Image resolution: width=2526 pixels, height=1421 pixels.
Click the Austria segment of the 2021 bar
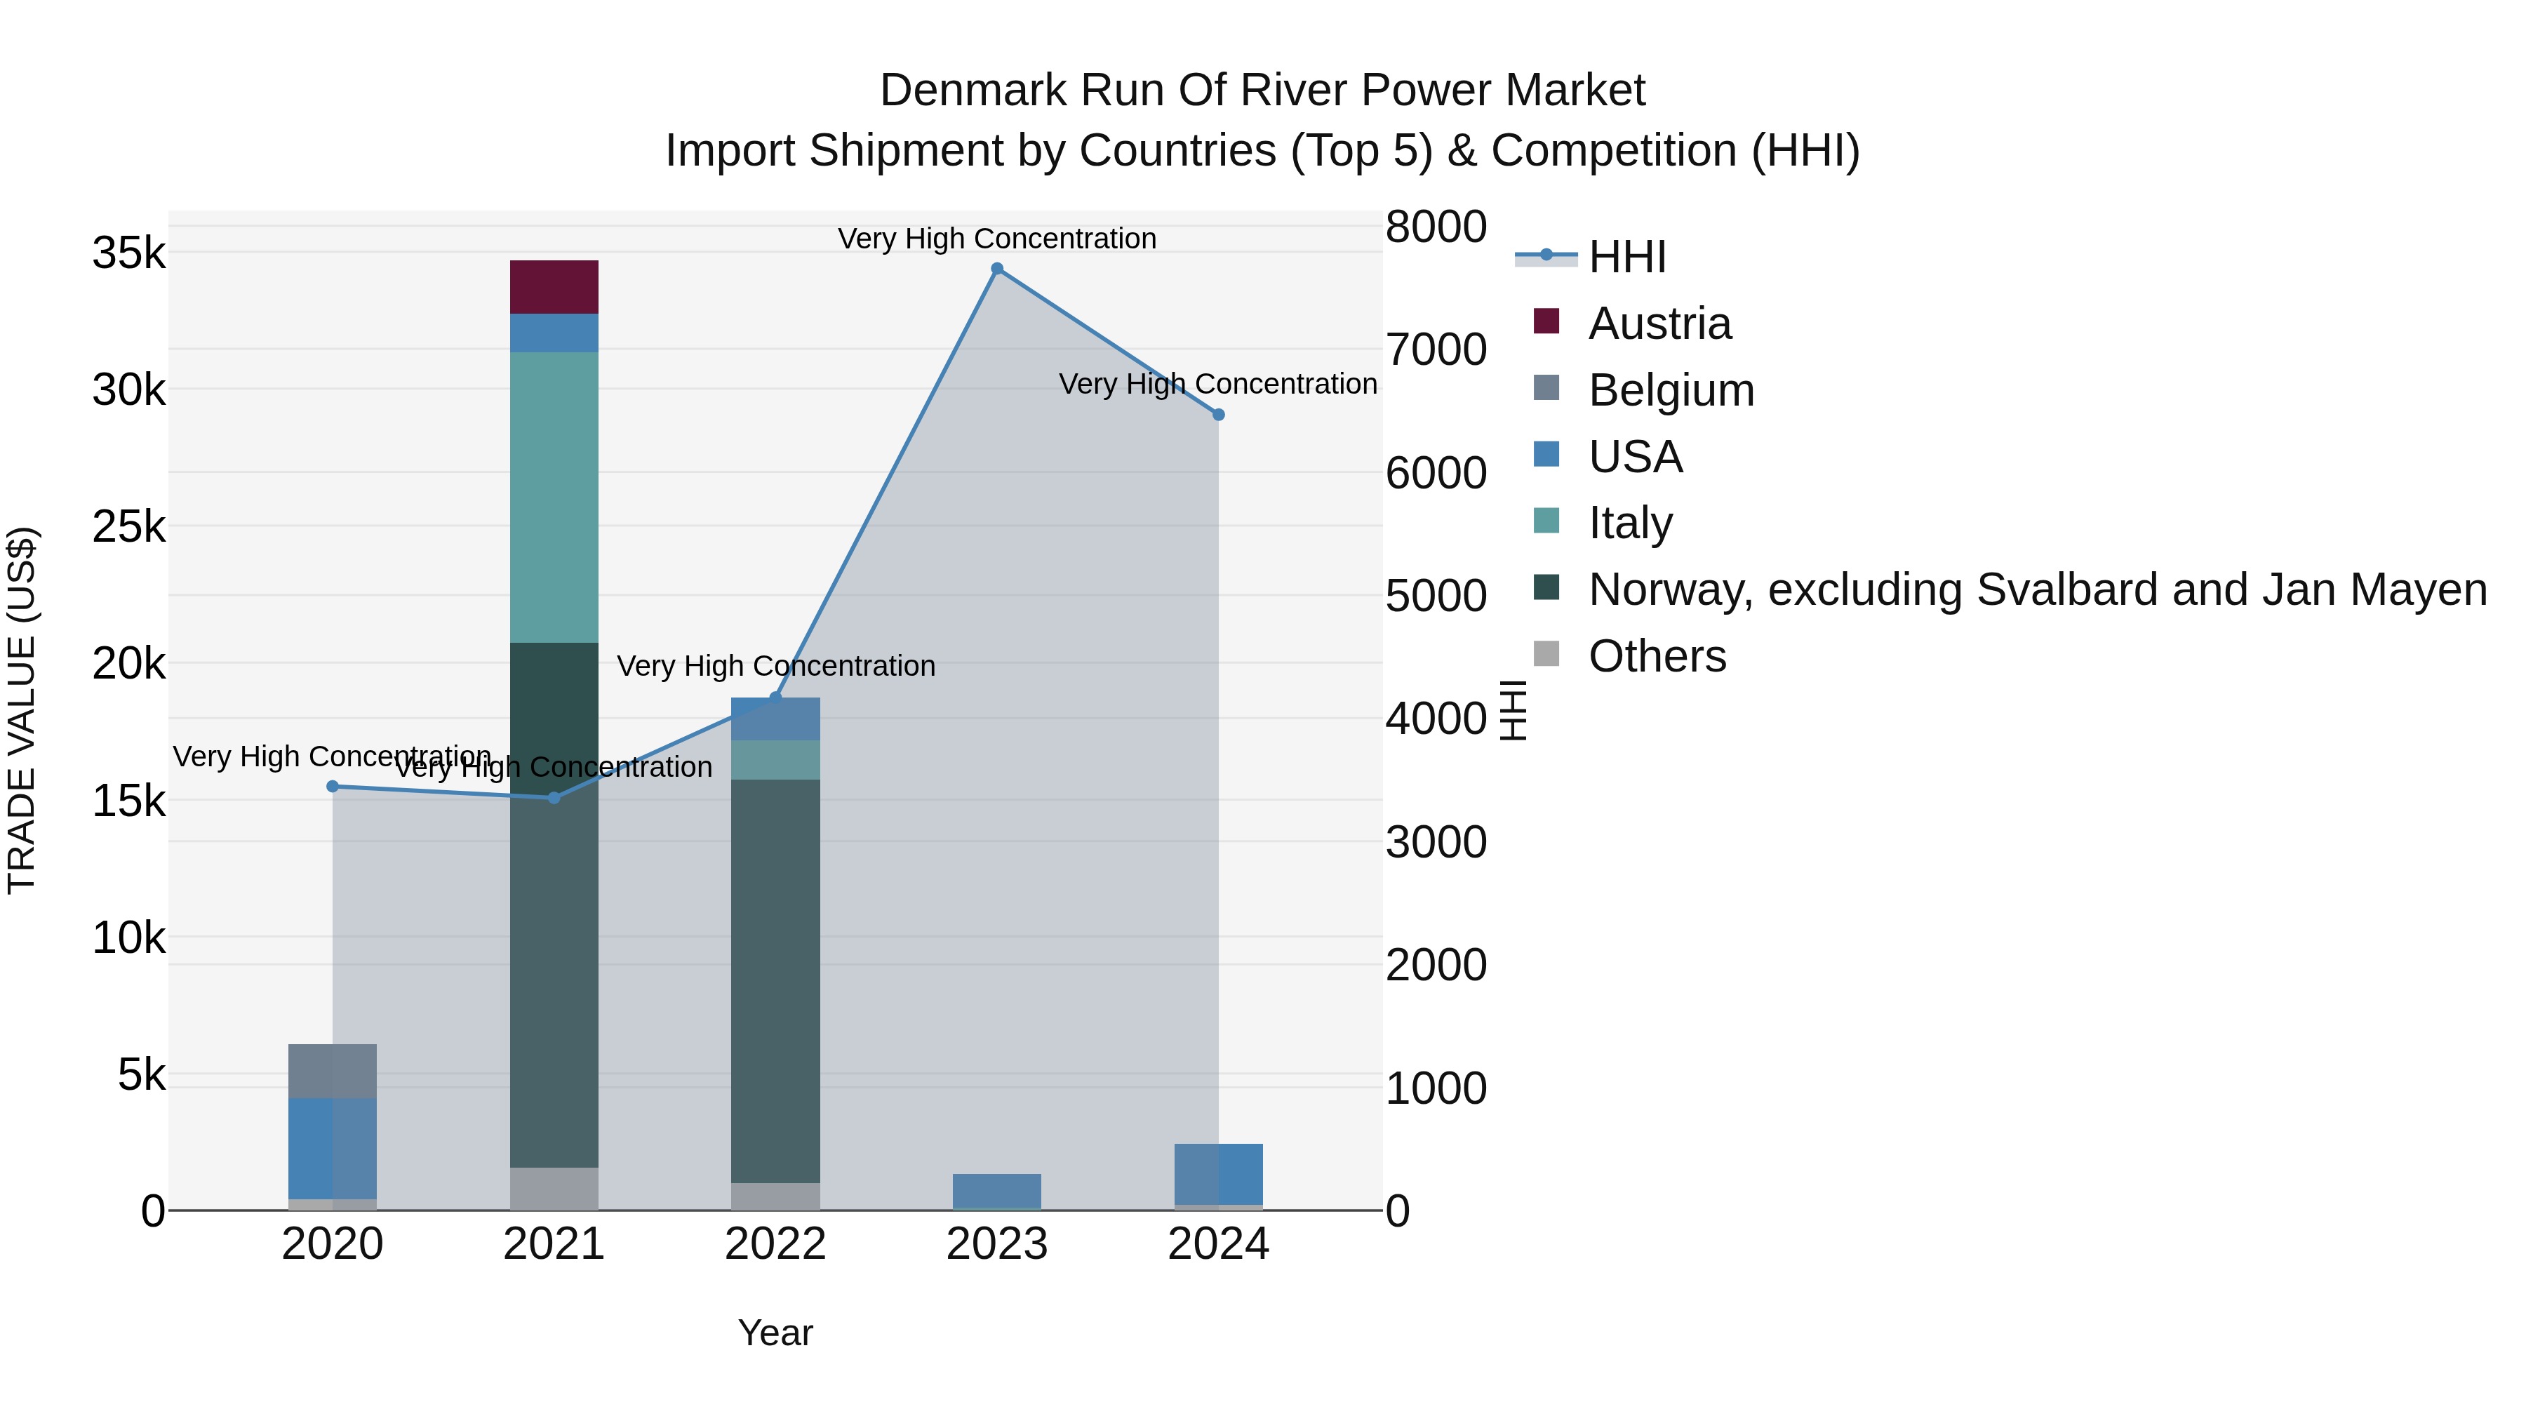pyautogui.click(x=554, y=287)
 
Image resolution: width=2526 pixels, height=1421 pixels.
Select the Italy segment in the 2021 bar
pyautogui.click(x=554, y=498)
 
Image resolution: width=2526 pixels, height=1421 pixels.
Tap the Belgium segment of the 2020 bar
pyautogui.click(x=333, y=1072)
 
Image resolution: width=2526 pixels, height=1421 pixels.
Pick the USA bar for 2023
pyautogui.click(x=996, y=1192)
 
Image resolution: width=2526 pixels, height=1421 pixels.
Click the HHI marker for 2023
pyautogui.click(x=997, y=269)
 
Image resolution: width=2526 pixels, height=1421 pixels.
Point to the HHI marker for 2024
pyautogui.click(x=1219, y=415)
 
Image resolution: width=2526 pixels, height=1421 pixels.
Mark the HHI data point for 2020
pyautogui.click(x=333, y=787)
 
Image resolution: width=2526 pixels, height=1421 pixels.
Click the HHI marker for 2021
pyautogui.click(x=554, y=799)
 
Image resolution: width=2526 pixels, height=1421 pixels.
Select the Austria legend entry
pyautogui.click(x=1659, y=323)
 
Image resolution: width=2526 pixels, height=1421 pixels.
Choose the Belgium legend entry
pyautogui.click(x=1671, y=390)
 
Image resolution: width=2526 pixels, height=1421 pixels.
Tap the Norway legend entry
pyautogui.click(x=2037, y=589)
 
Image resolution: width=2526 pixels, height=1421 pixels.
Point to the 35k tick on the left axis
pyautogui.click(x=129, y=254)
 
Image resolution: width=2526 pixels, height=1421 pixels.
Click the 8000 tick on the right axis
pyautogui.click(x=1436, y=227)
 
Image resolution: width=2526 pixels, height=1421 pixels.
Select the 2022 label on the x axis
pyautogui.click(x=775, y=1244)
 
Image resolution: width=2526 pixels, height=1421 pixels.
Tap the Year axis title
pyautogui.click(x=775, y=1333)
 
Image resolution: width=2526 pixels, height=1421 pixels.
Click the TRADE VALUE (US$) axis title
pyautogui.click(x=22, y=710)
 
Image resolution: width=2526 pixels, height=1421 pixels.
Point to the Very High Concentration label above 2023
pyautogui.click(x=997, y=239)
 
